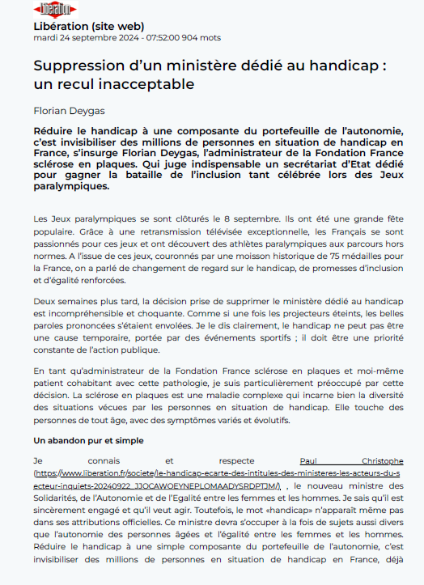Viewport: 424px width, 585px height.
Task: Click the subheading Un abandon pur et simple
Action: click(88, 441)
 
